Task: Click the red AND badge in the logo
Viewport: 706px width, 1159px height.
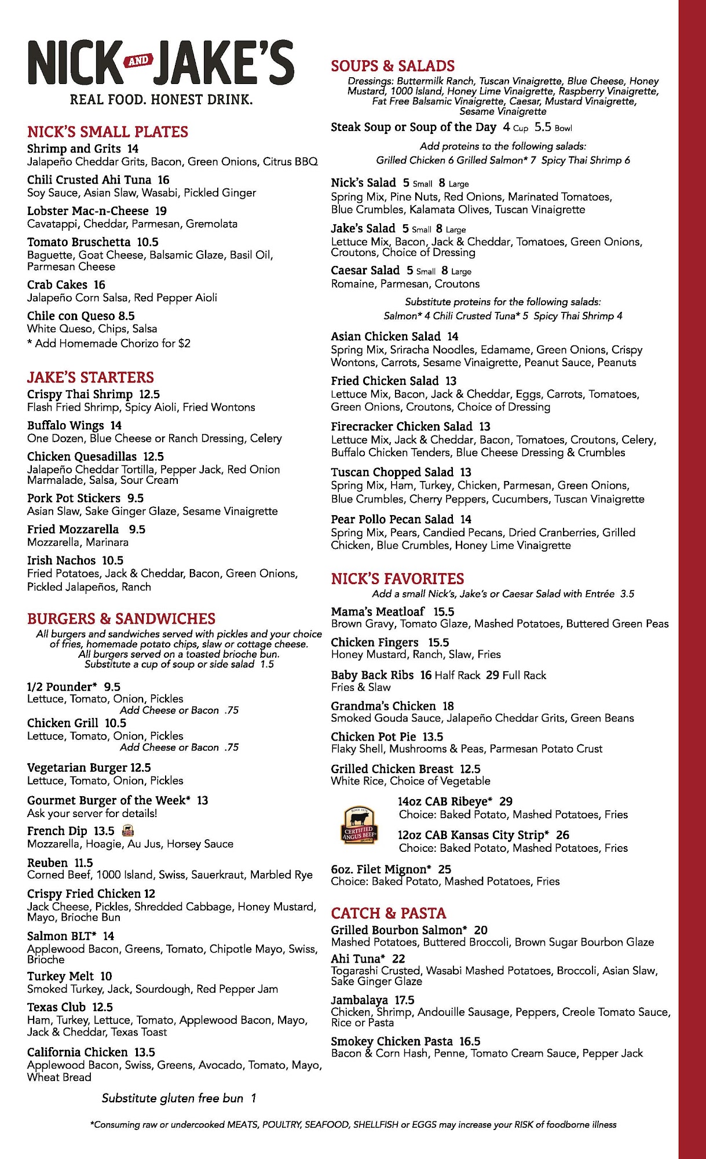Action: pyautogui.click(x=138, y=61)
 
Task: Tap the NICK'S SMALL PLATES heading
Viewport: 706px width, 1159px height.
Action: pyautogui.click(x=108, y=132)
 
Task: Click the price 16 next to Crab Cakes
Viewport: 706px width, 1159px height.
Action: pyautogui.click(x=100, y=285)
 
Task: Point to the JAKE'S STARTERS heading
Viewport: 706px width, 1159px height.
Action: pyautogui.click(x=90, y=378)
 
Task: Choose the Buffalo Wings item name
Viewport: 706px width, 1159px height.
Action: pyautogui.click(x=65, y=425)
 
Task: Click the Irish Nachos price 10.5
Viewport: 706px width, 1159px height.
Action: pyautogui.click(x=113, y=560)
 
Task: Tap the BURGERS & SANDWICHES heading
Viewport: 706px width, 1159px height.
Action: pyautogui.click(x=121, y=619)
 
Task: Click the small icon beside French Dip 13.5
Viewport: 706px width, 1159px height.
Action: pyautogui.click(x=129, y=831)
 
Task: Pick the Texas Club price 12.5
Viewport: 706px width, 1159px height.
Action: pyautogui.click(x=103, y=1007)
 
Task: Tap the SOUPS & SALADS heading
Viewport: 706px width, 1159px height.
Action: pyautogui.click(x=393, y=66)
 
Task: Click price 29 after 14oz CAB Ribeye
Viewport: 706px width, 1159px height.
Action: pyautogui.click(x=506, y=801)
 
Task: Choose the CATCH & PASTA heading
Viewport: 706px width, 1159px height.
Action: pyautogui.click(x=389, y=914)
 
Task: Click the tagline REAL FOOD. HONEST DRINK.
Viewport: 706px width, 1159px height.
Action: pyautogui.click(x=161, y=100)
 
